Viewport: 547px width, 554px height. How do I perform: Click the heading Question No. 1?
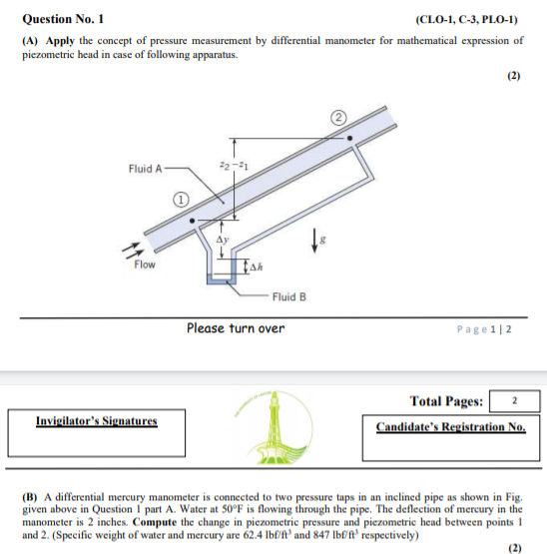63,19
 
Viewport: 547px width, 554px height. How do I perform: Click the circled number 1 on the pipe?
181,200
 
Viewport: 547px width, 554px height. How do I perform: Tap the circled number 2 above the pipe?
338,118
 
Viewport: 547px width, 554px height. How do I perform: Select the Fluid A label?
145,169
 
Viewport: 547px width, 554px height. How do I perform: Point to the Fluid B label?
289,296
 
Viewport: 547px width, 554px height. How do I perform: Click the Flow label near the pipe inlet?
145,265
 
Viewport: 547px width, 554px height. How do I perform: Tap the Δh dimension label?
257,268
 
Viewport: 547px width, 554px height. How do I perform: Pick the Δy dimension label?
223,240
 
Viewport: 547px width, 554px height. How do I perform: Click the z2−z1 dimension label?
234,165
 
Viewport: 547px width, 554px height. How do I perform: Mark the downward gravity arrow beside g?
314,241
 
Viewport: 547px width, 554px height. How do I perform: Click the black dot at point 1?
192,221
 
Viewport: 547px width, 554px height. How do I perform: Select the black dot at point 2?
349,138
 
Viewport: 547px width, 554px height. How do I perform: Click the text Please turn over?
236,328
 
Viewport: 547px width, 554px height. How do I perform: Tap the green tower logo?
273,427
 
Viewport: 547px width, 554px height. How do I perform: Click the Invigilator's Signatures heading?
97,420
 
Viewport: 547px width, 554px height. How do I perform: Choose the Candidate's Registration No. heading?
450,427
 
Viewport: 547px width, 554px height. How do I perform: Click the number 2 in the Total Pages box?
514,400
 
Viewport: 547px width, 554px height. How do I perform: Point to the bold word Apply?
60,41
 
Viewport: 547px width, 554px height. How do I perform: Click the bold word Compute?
155,522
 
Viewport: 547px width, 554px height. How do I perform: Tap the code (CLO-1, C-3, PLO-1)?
466,19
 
